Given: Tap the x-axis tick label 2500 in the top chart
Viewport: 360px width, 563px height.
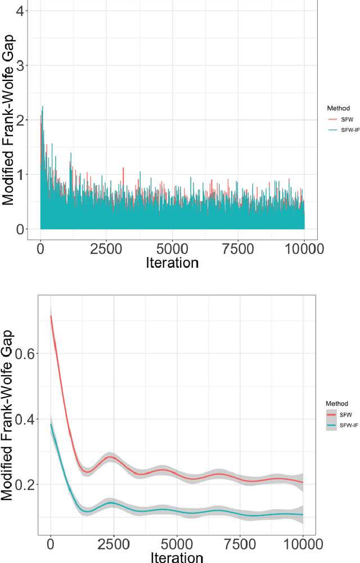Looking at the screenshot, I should point(106,247).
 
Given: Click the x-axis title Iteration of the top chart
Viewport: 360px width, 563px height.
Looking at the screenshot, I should point(172,263).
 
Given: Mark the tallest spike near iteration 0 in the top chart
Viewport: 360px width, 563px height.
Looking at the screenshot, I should point(42,107).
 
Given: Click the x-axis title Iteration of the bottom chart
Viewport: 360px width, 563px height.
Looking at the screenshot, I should point(177,557).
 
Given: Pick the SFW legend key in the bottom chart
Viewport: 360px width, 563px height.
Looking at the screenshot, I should point(332,415).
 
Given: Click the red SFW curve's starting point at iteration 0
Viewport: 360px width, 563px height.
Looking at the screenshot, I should point(51,316).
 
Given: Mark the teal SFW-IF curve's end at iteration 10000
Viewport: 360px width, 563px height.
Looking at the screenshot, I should point(303,515).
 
